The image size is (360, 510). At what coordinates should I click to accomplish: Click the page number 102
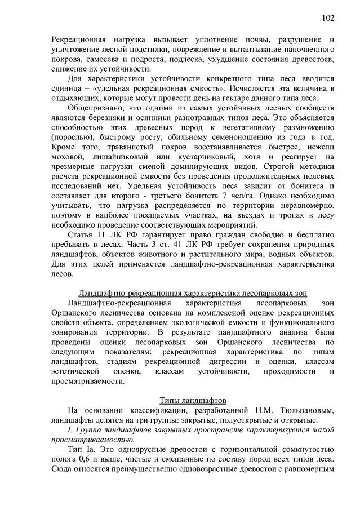point(328,17)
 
